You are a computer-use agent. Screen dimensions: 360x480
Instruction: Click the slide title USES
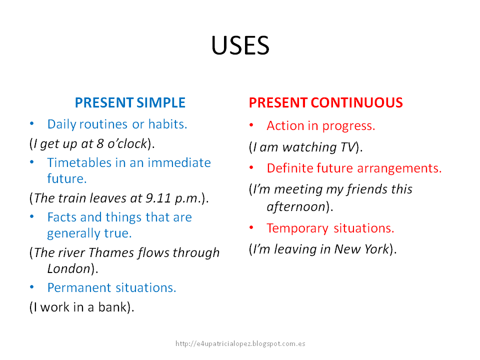(x=240, y=46)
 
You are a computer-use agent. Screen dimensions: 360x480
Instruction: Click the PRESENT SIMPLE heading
(x=130, y=103)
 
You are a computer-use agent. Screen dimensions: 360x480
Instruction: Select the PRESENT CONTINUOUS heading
(x=325, y=103)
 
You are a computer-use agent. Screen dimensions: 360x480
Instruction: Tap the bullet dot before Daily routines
(x=32, y=123)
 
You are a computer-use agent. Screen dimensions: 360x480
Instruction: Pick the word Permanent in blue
(x=79, y=288)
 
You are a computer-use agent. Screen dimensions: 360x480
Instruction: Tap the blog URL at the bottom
(x=240, y=344)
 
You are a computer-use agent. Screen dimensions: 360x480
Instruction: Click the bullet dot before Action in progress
(x=252, y=125)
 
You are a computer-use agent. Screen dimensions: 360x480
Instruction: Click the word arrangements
(x=399, y=168)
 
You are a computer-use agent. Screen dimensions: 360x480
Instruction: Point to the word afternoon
(x=296, y=206)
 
